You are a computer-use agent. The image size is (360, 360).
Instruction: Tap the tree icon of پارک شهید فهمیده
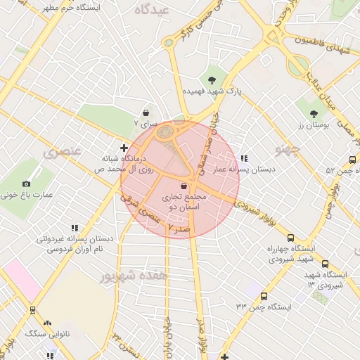(x=212, y=78)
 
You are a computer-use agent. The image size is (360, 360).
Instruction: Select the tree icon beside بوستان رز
(x=313, y=112)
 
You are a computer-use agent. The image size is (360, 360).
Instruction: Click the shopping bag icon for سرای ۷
(x=146, y=112)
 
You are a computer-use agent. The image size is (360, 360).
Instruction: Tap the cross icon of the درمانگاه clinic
(x=124, y=148)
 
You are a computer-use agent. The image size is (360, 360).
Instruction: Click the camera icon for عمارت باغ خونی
(x=27, y=184)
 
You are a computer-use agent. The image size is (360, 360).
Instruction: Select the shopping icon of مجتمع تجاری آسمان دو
(x=184, y=186)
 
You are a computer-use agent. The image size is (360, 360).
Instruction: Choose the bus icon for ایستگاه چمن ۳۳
(x=264, y=296)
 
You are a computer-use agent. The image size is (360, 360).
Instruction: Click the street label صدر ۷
(x=179, y=227)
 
